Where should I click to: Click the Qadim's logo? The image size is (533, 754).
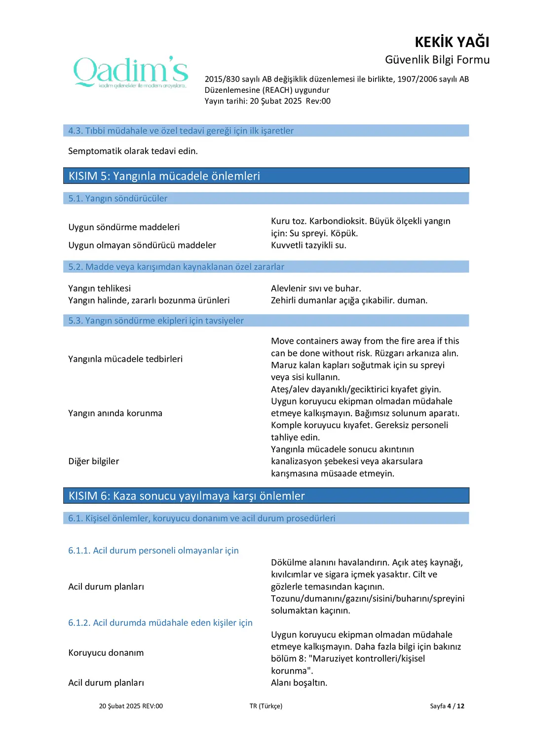[131, 72]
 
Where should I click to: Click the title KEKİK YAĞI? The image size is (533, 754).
[452, 42]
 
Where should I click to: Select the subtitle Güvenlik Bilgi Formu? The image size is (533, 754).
[437, 60]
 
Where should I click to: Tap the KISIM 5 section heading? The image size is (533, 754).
[164, 176]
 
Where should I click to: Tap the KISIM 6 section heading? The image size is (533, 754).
[187, 496]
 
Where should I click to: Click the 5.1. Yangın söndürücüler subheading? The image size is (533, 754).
[118, 198]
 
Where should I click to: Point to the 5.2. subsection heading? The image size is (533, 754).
[176, 267]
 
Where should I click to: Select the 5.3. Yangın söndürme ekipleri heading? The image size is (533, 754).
[156, 320]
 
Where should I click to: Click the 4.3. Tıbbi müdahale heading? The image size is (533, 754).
[181, 131]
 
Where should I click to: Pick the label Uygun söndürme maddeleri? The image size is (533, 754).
[124, 227]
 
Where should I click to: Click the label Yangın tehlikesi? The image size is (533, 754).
[100, 288]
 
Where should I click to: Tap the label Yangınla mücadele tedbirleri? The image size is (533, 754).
[125, 359]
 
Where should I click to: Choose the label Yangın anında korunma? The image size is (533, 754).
[115, 413]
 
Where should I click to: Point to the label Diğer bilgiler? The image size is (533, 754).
[94, 461]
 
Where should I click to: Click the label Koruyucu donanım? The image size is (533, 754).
[106, 653]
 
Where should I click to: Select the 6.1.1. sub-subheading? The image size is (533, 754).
[153, 551]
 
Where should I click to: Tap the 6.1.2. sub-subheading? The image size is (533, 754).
[160, 623]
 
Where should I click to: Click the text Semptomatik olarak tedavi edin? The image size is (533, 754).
[133, 151]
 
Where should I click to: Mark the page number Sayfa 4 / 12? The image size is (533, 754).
[447, 706]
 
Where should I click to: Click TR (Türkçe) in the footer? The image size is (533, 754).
[266, 706]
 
